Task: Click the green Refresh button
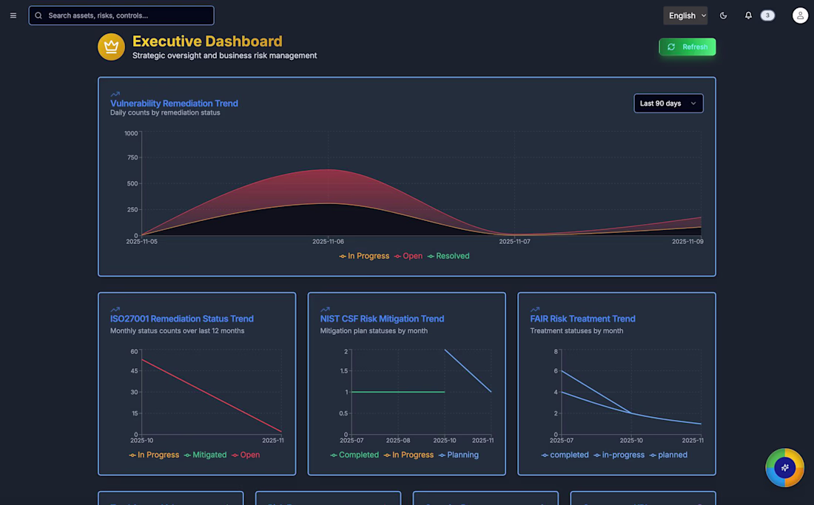687,47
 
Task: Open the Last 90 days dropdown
668,104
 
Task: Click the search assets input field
121,16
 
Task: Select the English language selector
685,16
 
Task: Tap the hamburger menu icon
13,16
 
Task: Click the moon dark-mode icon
724,16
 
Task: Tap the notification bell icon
748,16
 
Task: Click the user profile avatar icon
800,16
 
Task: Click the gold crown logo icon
111,47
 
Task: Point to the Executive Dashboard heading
207,41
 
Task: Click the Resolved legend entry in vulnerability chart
448,256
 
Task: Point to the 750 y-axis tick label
132,157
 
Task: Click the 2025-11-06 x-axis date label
328,242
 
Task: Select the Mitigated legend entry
206,455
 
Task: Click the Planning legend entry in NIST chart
459,455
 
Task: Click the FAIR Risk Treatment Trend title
582,319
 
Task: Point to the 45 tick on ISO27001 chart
134,371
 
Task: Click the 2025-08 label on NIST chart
398,441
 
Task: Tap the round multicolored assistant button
784,467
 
